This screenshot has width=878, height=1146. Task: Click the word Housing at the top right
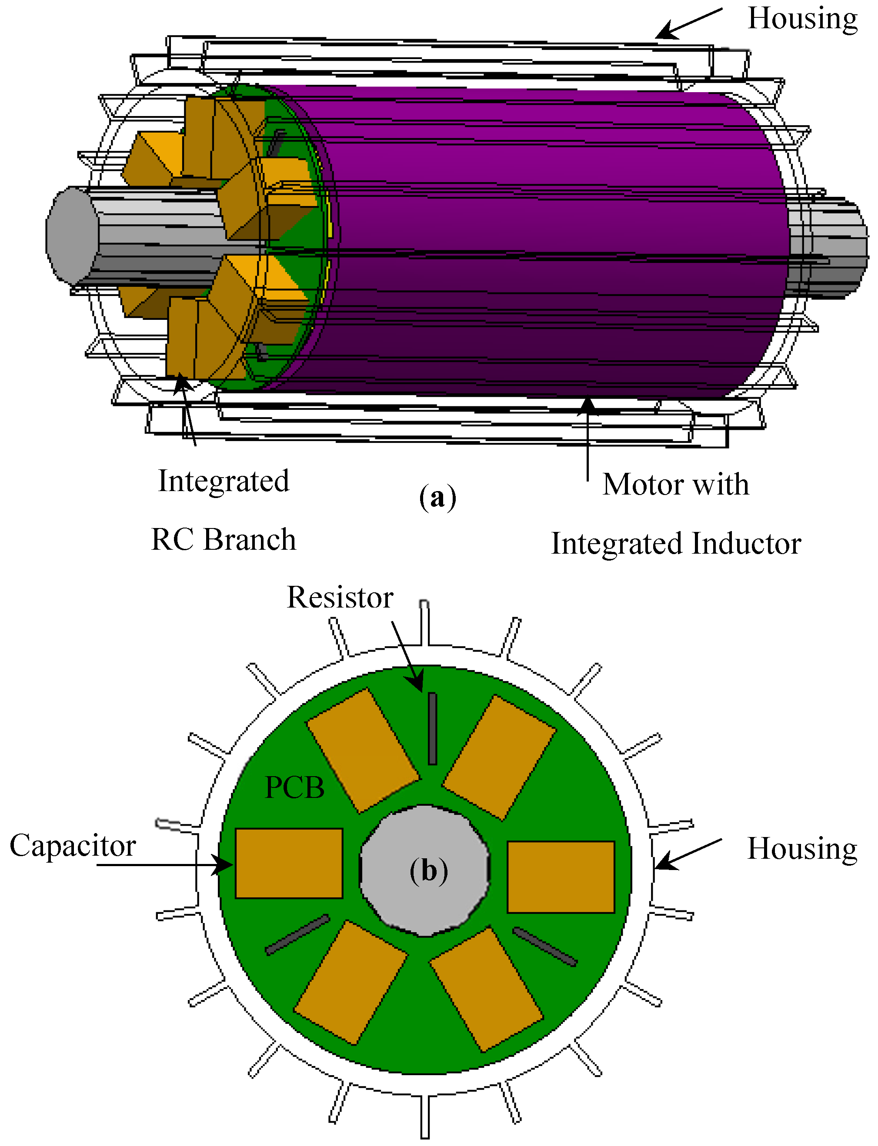click(x=802, y=18)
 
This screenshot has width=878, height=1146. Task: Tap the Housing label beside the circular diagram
click(x=802, y=848)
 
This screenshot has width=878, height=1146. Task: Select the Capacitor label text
click(x=73, y=846)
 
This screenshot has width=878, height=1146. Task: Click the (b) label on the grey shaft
click(x=428, y=871)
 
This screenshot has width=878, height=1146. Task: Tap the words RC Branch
click(x=224, y=540)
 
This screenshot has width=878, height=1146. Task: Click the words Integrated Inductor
click(x=676, y=544)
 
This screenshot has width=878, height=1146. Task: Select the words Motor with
click(x=676, y=484)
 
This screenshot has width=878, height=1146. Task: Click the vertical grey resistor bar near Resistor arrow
click(x=432, y=729)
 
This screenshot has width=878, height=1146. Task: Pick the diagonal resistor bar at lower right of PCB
click(x=544, y=947)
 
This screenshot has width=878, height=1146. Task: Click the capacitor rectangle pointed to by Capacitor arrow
click(x=289, y=864)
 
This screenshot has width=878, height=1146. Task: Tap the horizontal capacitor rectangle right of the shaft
click(x=561, y=877)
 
